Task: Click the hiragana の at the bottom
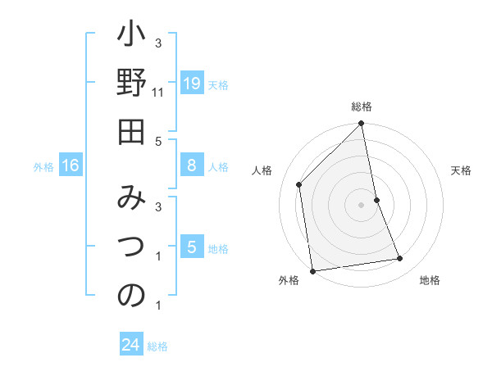click(131, 295)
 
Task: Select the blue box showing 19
click(192, 83)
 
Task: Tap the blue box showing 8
click(192, 165)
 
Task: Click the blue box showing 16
click(71, 165)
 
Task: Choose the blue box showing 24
click(131, 345)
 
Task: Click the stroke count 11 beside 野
click(159, 93)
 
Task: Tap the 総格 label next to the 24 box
click(158, 346)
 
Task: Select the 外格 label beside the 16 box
click(43, 167)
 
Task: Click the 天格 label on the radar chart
click(461, 170)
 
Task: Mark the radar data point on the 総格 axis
click(361, 125)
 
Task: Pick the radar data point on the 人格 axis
click(299, 184)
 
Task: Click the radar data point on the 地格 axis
click(400, 259)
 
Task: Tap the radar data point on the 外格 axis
click(312, 270)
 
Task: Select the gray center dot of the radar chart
click(361, 204)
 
